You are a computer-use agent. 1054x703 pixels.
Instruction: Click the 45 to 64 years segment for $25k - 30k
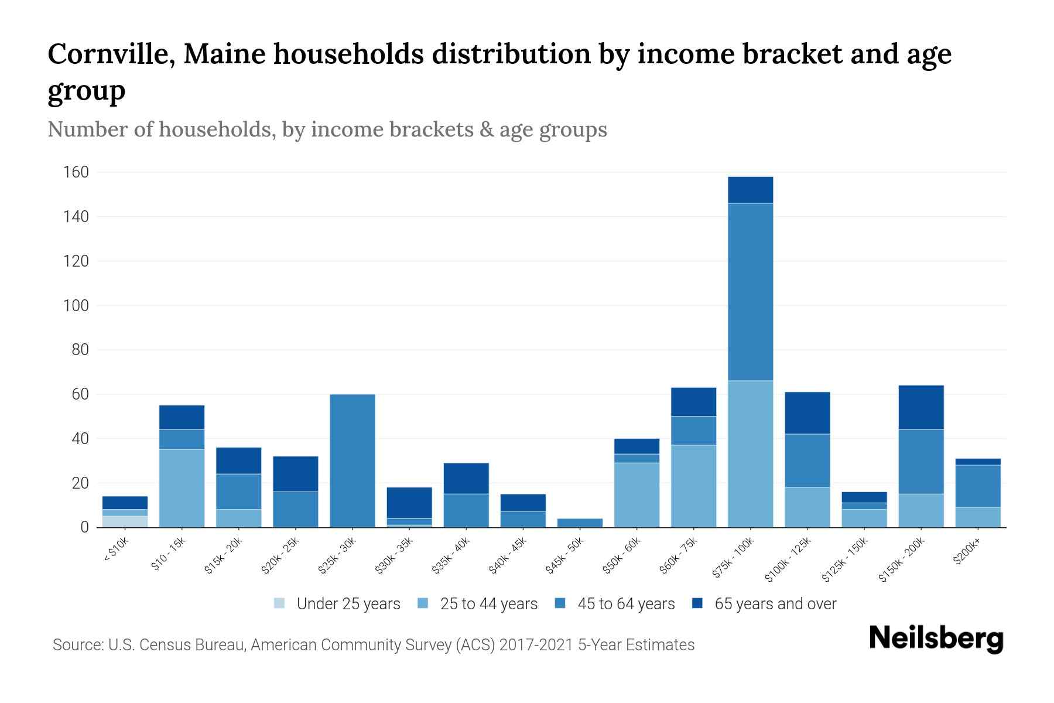pos(353,460)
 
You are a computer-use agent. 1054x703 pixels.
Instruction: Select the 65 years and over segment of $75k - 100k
pos(750,190)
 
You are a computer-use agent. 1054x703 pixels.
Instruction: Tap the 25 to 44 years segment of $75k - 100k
pos(750,454)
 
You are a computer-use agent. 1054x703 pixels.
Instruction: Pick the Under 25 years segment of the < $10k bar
pos(125,521)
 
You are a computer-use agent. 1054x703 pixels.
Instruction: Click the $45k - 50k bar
pos(580,523)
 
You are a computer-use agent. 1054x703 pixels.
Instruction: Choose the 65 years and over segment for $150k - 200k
pos(920,407)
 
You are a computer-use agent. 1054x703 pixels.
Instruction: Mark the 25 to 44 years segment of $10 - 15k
pos(182,488)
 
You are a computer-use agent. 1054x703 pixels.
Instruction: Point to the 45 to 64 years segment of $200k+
pos(977,486)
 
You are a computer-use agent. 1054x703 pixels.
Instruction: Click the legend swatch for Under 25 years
pos(280,603)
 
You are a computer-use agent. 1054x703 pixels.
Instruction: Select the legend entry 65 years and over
pos(775,603)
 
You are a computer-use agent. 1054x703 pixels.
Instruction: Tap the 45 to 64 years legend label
pos(626,603)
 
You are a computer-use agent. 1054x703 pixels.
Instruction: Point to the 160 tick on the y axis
pos(77,172)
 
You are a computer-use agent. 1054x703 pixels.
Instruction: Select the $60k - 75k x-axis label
pos(680,556)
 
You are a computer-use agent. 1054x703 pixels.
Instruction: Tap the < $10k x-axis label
pos(116,551)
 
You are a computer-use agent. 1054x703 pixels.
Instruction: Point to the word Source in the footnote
pos(76,645)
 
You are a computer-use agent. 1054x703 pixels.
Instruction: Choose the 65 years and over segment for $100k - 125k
pos(807,412)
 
